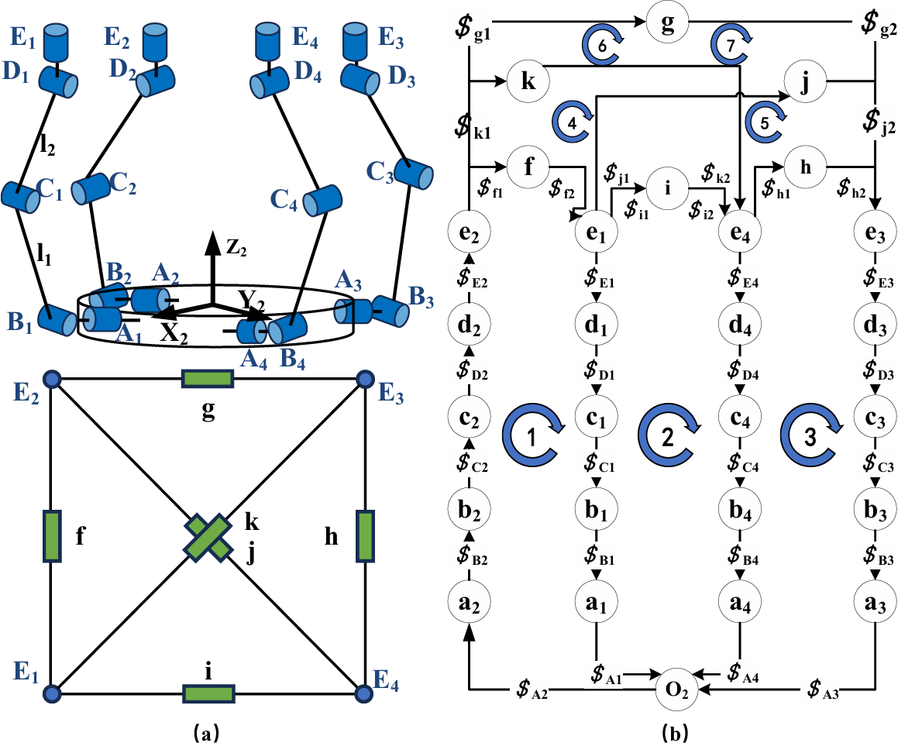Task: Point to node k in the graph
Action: click(x=528, y=83)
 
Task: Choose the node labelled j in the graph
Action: click(x=806, y=83)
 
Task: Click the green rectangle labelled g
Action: click(x=208, y=379)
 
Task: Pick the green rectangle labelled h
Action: click(x=365, y=535)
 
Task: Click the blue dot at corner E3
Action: click(x=364, y=380)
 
